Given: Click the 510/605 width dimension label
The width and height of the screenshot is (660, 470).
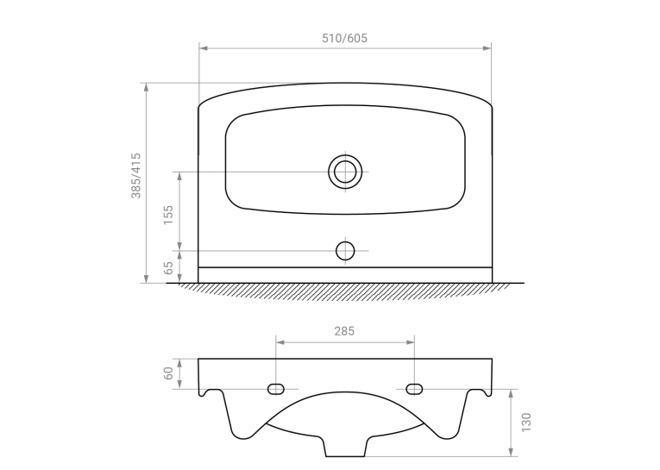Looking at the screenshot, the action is [x=344, y=38].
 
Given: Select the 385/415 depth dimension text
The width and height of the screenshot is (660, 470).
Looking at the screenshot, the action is [x=136, y=175].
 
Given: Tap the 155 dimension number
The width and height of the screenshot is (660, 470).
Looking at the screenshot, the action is [x=168, y=215].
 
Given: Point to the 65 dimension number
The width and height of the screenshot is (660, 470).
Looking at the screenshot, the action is [x=168, y=267].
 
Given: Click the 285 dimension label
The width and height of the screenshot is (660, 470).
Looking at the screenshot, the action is [x=344, y=331].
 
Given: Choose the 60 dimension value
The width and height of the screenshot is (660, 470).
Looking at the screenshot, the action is [x=168, y=373].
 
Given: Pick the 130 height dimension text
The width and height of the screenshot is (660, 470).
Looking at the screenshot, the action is [x=526, y=422].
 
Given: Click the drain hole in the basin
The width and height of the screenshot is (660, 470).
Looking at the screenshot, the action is [x=345, y=172].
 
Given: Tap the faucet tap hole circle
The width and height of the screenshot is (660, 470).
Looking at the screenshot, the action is [x=345, y=251].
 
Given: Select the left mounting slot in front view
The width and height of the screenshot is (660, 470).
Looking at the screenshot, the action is [x=276, y=389].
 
